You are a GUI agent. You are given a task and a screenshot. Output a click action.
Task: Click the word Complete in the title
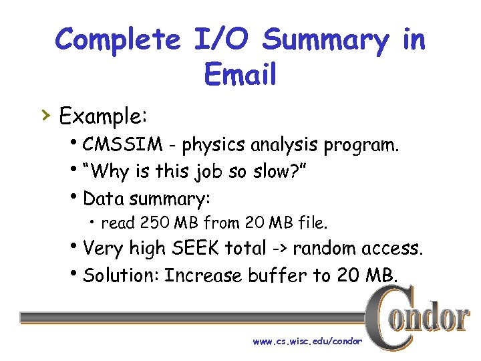(x=118, y=40)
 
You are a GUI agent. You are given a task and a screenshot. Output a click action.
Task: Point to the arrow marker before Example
(x=45, y=116)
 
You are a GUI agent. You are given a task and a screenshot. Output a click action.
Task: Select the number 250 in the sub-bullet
(x=151, y=223)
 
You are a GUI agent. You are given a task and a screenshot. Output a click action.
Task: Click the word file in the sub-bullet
(x=311, y=223)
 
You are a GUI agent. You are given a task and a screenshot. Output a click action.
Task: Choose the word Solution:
(x=121, y=275)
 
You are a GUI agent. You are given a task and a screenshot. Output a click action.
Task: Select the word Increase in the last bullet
(x=203, y=275)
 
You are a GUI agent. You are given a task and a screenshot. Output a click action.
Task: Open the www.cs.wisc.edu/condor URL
(x=307, y=341)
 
